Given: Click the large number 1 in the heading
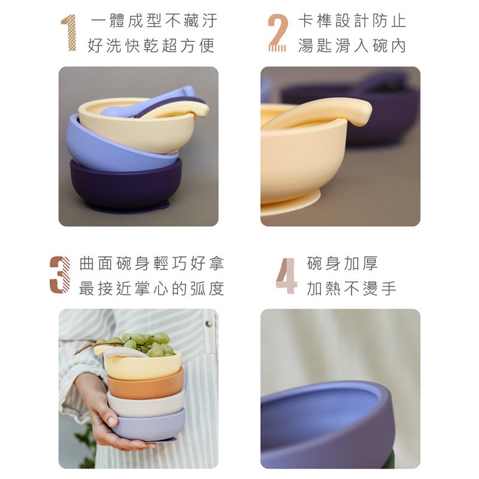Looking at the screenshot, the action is pos(69,33).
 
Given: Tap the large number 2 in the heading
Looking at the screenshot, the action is pos(277,33).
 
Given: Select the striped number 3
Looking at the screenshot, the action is pos(60,275).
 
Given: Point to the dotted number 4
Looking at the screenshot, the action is pos(287,276).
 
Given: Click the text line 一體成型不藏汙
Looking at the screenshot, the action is pos(154,21).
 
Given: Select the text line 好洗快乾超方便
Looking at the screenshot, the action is pos(151,46).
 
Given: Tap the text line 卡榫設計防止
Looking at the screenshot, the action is pos(352,21).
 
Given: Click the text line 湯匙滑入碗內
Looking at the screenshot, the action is pos(352,46).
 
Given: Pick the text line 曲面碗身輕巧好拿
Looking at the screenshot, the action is pos(152,263).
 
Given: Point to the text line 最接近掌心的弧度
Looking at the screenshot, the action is pos(152,289).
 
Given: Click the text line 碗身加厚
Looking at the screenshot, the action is pos(342,263).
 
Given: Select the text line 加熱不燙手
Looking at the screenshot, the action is pos(351,289).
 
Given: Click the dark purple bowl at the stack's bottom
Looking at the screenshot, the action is pos(125,186).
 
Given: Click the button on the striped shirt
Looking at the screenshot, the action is pos(208,323).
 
